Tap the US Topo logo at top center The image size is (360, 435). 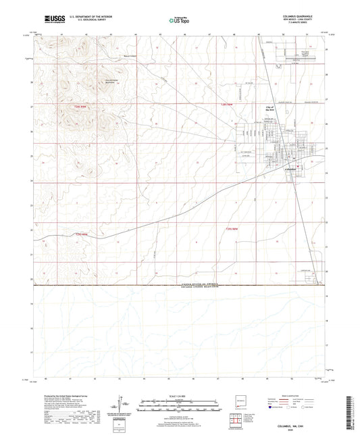tap(178, 21)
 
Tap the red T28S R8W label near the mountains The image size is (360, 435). tap(81, 107)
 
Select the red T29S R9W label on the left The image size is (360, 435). tap(80, 234)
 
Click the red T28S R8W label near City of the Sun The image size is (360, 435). tap(230, 105)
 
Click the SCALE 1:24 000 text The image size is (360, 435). tap(179, 395)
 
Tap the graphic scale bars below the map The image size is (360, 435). tap(179, 406)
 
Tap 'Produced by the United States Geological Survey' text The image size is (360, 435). tap(57, 396)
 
